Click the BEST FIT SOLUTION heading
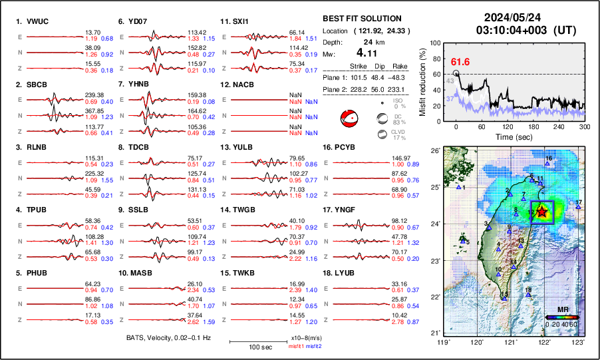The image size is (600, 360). [x=362, y=19]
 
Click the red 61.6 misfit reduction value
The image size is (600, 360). [x=460, y=62]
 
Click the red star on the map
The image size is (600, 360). [x=542, y=212]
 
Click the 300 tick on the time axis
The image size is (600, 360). [x=584, y=126]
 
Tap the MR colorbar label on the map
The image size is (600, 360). [x=561, y=311]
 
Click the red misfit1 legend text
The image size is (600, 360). [x=295, y=347]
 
